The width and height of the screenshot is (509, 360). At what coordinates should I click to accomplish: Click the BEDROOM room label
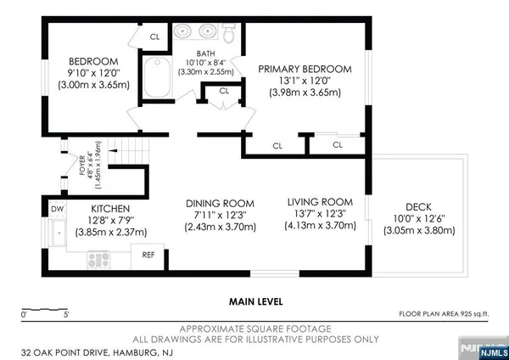93,61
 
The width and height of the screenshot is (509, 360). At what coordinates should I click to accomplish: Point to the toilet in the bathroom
228,33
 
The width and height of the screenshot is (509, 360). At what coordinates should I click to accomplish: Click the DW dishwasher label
57,209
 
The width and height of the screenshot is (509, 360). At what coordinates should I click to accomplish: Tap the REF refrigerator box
148,254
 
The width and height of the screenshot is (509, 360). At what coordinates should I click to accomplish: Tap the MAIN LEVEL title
255,301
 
